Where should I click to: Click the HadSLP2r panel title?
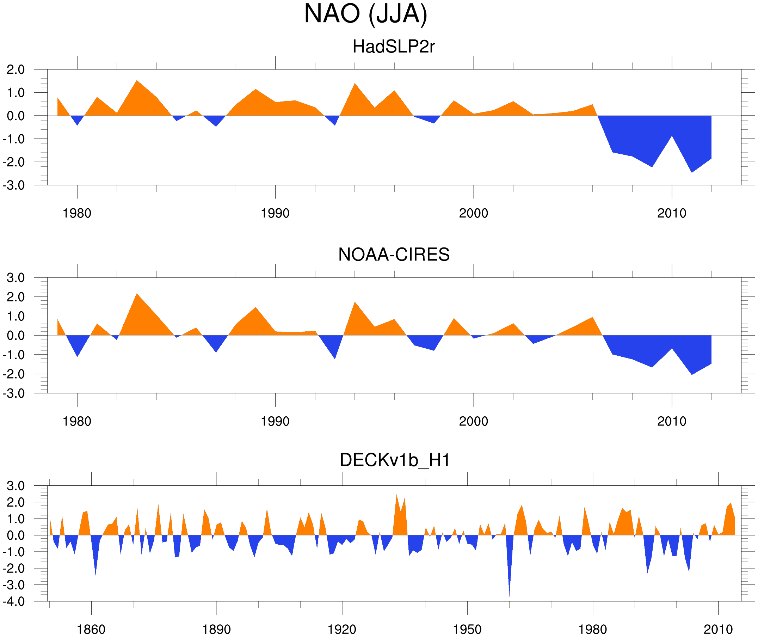pyautogui.click(x=393, y=47)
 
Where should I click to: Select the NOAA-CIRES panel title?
pyautogui.click(x=393, y=255)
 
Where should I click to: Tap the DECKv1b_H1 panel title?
pyautogui.click(x=395, y=460)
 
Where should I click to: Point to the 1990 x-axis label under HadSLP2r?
pyautogui.click(x=275, y=213)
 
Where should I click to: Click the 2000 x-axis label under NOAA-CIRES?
pyautogui.click(x=473, y=421)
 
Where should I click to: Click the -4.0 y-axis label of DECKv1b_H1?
pyautogui.click(x=14, y=602)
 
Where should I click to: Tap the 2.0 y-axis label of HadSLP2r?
pyautogui.click(x=16, y=70)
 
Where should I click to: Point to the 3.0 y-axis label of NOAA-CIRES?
pyautogui.click(x=16, y=278)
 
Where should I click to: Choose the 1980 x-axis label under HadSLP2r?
pyautogui.click(x=77, y=213)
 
